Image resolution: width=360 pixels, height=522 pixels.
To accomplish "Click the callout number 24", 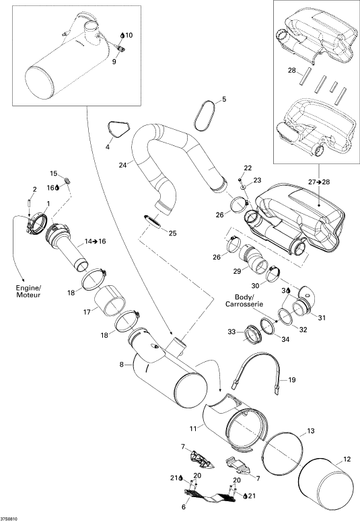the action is coord(123,165).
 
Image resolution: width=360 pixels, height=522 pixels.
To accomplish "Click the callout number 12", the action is coord(347,459).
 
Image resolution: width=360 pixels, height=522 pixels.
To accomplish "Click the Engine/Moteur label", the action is coord(28,291).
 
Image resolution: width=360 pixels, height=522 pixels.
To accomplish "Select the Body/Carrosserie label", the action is coord(244,300).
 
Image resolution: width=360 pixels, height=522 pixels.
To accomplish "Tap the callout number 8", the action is coord(122,365).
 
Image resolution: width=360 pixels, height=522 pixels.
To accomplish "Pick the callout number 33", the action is coord(231,332).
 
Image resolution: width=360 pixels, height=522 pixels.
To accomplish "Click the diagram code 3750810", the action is coord(9,519).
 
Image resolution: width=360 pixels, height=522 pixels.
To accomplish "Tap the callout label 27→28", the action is coord(319,182).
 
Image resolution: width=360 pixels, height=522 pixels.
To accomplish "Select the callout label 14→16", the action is coord(96,241).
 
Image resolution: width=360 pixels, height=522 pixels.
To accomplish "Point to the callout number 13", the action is coord(310,431).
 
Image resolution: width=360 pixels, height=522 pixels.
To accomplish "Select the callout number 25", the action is coord(172,233).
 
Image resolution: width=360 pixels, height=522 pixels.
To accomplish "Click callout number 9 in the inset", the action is coord(114,61).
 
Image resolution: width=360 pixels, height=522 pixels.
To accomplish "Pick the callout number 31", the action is coord(322,318).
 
